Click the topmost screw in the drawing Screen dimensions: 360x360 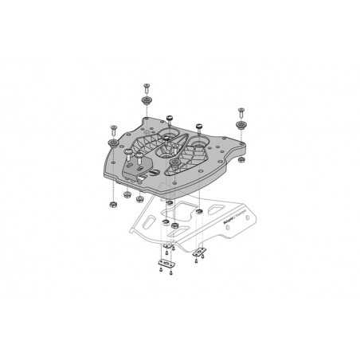coord(147,86)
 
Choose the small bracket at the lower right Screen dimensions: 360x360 coord(199,252)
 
